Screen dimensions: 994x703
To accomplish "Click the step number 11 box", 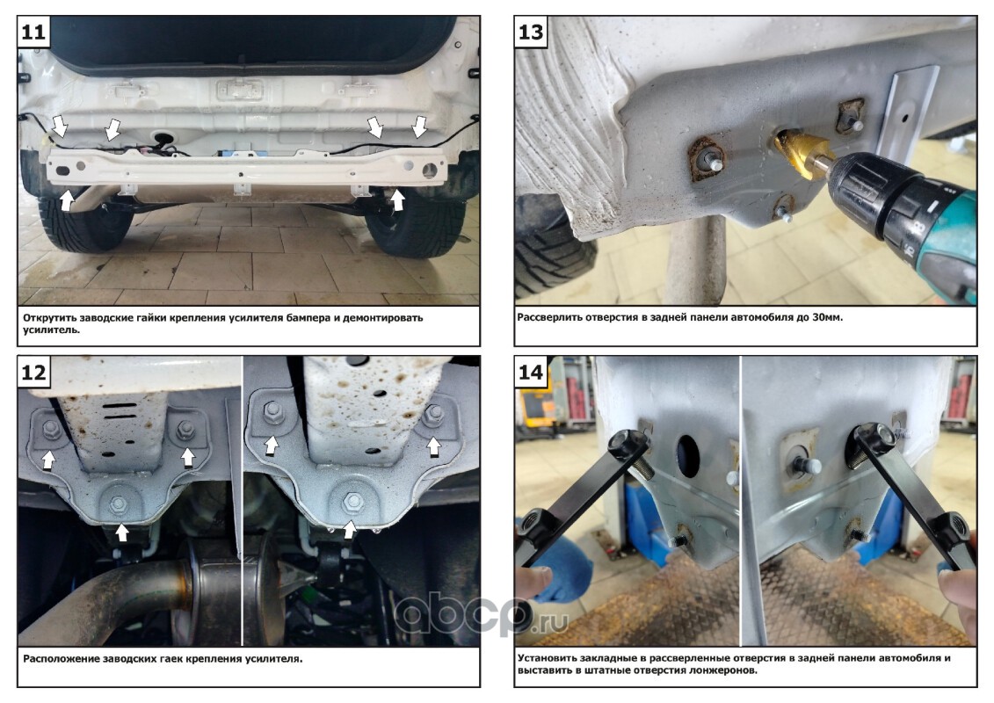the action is click(x=33, y=31).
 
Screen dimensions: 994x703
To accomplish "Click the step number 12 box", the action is click(x=33, y=372).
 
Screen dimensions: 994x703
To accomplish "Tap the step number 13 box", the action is click(x=531, y=31).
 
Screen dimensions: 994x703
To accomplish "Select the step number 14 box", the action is click(x=531, y=372).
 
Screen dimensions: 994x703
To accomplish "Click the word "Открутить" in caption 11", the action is click(x=49, y=317).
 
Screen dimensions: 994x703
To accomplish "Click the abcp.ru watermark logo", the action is click(x=482, y=612).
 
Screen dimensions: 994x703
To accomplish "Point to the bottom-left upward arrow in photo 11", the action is click(x=67, y=199).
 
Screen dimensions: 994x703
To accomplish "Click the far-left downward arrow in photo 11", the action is click(x=59, y=127).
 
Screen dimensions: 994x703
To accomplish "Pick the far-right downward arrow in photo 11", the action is click(x=420, y=127).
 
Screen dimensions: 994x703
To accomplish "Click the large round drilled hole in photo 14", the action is click(x=688, y=455).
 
